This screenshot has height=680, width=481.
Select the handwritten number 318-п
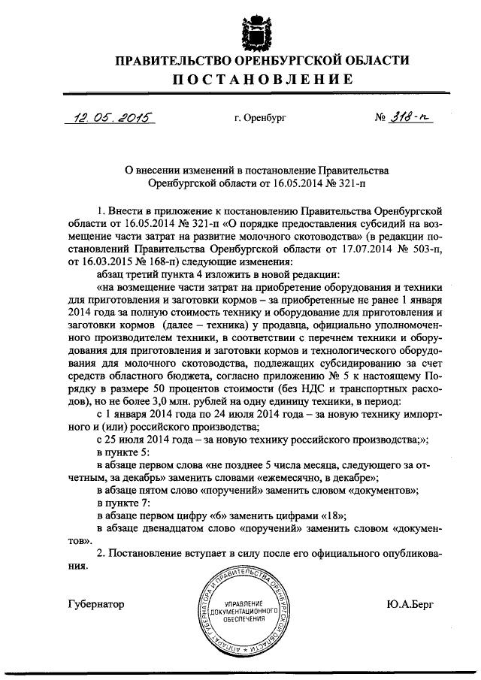click(x=413, y=117)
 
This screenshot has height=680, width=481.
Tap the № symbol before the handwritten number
click(x=382, y=118)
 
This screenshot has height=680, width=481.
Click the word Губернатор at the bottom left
click(x=95, y=604)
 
